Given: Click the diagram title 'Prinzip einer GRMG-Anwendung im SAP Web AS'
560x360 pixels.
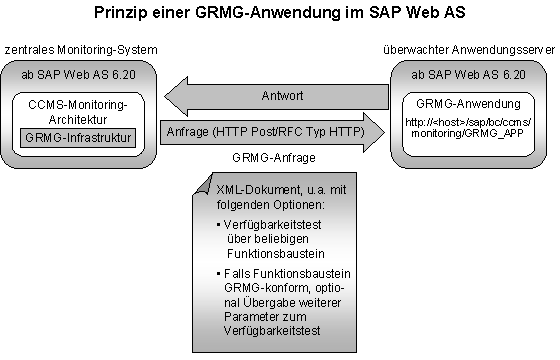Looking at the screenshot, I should coord(279,14).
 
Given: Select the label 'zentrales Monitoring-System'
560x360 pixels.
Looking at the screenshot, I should coord(79,50).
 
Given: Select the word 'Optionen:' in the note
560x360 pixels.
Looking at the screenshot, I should coord(306,204).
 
